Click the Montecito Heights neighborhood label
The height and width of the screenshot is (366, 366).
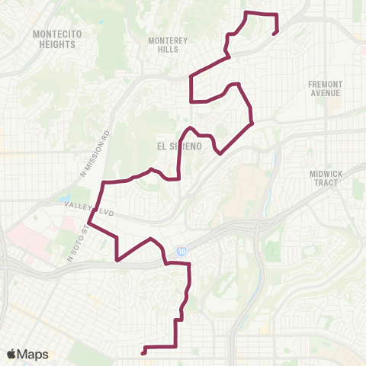click(x=54, y=39)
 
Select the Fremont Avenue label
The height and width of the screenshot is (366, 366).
click(x=325, y=88)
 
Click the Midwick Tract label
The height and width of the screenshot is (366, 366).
click(x=329, y=178)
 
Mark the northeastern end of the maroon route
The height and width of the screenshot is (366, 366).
click(x=273, y=34)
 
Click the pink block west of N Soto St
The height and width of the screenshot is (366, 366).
click(x=30, y=242)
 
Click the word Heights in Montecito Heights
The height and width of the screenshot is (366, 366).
click(x=54, y=44)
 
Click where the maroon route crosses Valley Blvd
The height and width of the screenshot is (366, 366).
click(x=96, y=210)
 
